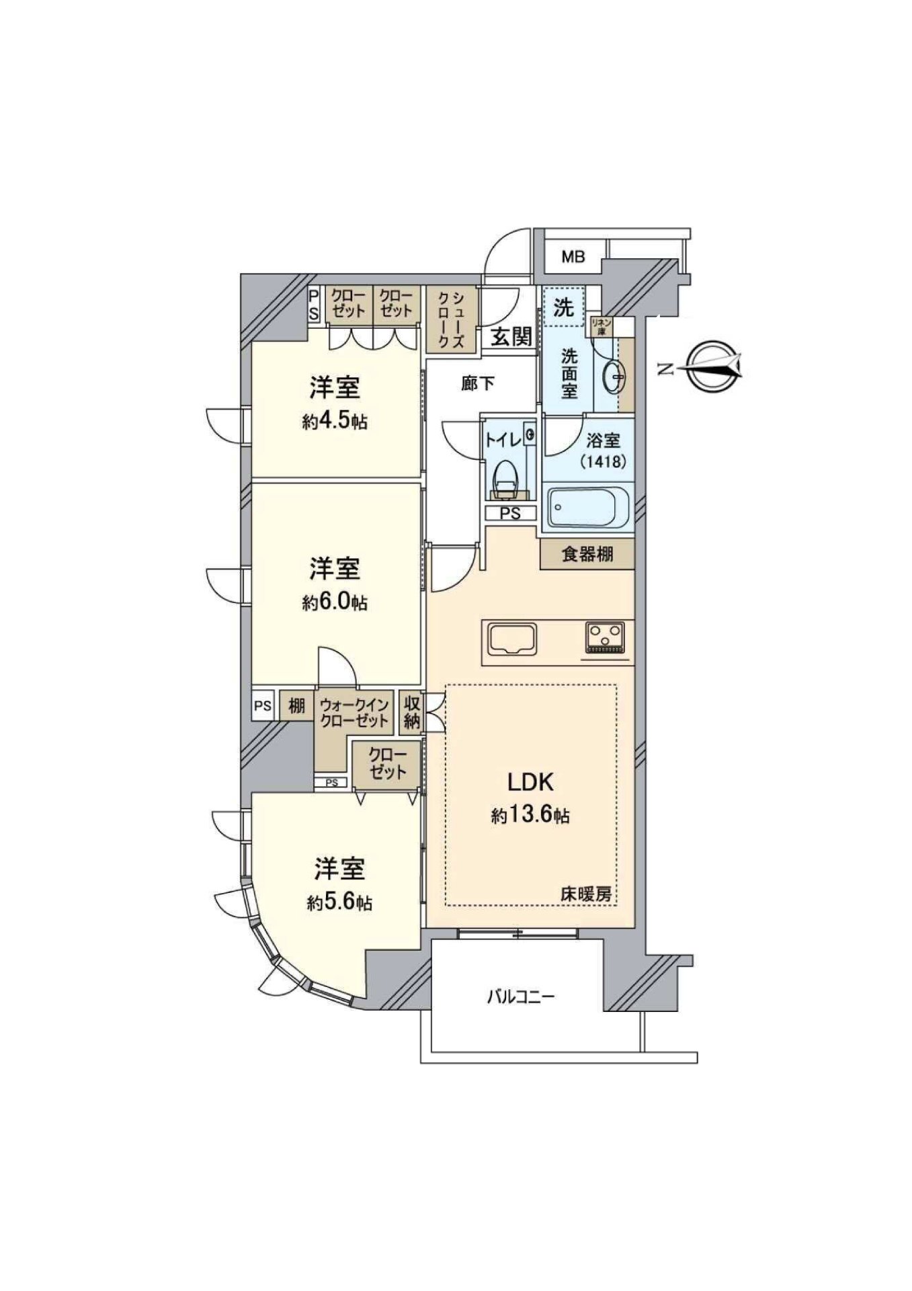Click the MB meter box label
click(x=573, y=256)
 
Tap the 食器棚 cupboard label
click(x=587, y=555)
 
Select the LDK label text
click(x=530, y=781)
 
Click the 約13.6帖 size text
click(x=530, y=816)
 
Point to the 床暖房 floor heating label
click(x=586, y=895)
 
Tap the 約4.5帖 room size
click(x=335, y=422)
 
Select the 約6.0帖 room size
click(x=335, y=602)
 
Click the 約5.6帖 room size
click(x=340, y=902)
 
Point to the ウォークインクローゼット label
click(x=354, y=713)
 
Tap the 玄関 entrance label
click(x=511, y=336)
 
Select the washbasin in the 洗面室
click(x=614, y=376)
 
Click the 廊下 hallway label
click(x=478, y=383)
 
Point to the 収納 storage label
click(x=412, y=713)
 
